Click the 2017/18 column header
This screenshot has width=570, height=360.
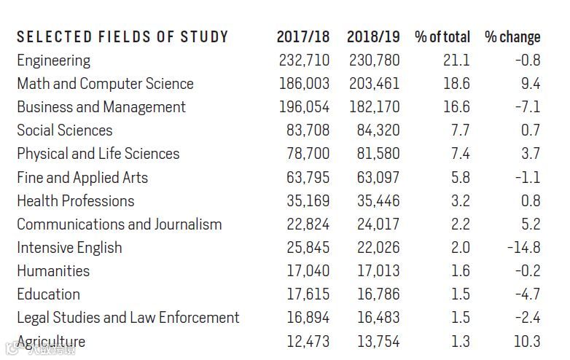click(302, 37)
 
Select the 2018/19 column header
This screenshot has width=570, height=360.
click(373, 37)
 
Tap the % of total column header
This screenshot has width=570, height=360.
click(442, 37)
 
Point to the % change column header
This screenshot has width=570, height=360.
click(512, 37)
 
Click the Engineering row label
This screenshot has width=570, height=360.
click(54, 60)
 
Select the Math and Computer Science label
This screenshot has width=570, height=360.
click(105, 84)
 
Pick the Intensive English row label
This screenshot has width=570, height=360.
click(69, 248)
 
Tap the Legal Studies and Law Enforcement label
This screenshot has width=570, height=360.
click(128, 318)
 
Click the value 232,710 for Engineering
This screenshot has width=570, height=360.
click(304, 60)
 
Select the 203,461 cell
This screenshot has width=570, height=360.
click(374, 84)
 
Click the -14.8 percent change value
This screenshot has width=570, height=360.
click(523, 248)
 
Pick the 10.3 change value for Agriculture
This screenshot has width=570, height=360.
click(526, 342)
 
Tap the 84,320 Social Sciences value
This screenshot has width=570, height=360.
click(378, 130)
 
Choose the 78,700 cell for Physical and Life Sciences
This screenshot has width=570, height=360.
click(308, 154)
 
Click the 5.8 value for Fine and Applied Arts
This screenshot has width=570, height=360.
click(460, 177)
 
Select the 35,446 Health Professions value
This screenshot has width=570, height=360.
click(378, 200)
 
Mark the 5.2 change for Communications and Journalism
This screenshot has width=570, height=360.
click(531, 224)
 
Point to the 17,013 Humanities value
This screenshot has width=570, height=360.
click(378, 271)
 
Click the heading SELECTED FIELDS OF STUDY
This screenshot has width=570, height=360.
click(122, 37)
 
